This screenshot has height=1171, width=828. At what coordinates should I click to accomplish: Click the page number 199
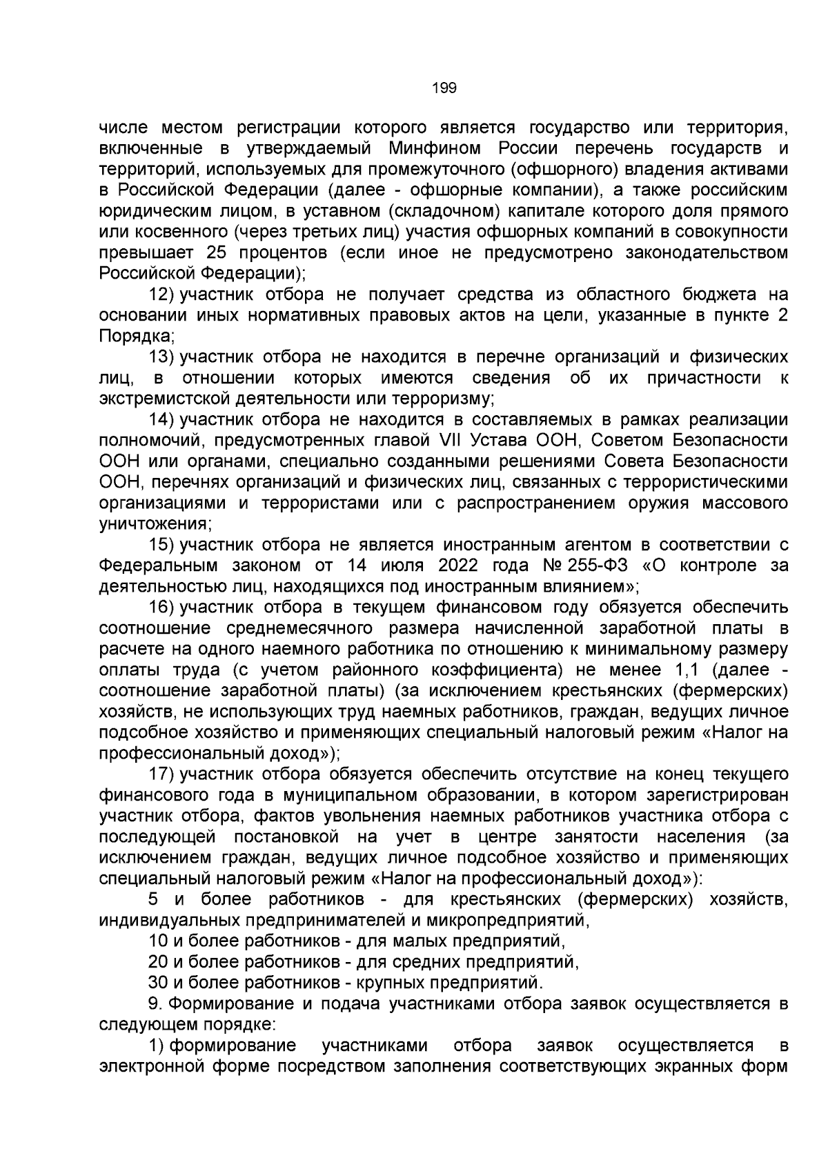point(444,88)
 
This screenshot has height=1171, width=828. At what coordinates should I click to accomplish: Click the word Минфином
point(431,149)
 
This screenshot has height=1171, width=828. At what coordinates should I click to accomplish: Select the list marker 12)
point(162,294)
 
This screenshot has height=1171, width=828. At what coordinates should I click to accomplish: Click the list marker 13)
point(162,357)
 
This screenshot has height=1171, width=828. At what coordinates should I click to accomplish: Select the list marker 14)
point(162,419)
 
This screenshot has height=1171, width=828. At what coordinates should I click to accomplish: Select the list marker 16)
point(162,607)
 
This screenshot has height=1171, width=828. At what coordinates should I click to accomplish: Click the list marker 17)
point(162,774)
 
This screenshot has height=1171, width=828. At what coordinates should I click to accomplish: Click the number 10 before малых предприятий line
point(157,941)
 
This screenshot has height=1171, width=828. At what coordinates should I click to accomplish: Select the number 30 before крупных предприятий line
point(157,982)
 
